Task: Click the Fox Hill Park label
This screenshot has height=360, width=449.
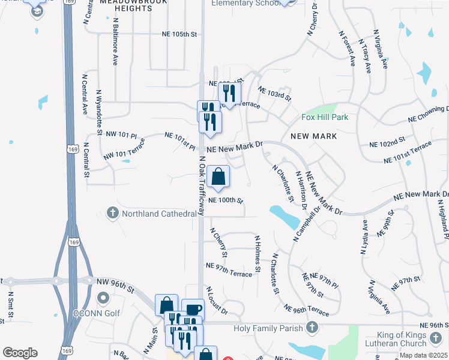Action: pyautogui.click(x=324, y=117)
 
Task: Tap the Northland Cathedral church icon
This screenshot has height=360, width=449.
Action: pyautogui.click(x=112, y=213)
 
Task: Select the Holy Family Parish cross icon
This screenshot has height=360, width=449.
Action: pyautogui.click(x=312, y=327)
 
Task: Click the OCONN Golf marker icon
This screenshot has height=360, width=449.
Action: pyautogui.click(x=103, y=297)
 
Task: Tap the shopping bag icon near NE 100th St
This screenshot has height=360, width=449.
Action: pyautogui.click(x=220, y=177)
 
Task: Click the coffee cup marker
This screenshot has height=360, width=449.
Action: pyautogui.click(x=193, y=310)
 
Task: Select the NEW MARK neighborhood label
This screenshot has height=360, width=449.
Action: pyautogui.click(x=313, y=136)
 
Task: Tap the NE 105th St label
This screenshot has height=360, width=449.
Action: pyautogui.click(x=179, y=35)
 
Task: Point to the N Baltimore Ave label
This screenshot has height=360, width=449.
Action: pyautogui.click(x=115, y=41)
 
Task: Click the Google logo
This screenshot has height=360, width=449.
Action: pyautogui.click(x=20, y=353)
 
